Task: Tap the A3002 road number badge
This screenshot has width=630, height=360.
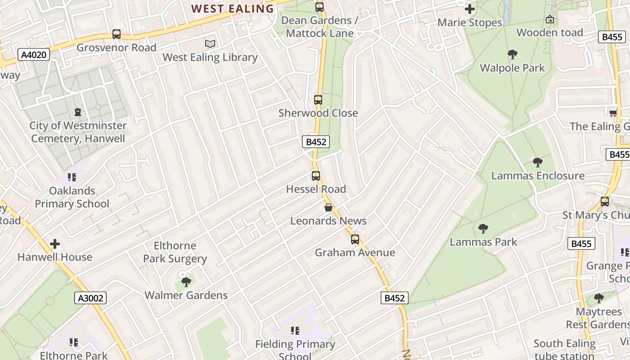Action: (x=90, y=298)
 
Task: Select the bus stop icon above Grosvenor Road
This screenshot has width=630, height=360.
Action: (x=117, y=34)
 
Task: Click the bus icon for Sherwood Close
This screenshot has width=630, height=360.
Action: (x=318, y=100)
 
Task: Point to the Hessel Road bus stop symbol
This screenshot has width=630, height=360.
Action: (x=316, y=176)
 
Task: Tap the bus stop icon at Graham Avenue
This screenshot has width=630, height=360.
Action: (x=355, y=239)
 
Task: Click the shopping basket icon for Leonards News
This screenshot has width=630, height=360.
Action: (x=328, y=207)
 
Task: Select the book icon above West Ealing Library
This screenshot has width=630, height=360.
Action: (x=210, y=44)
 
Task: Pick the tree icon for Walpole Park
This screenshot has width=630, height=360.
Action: (x=512, y=55)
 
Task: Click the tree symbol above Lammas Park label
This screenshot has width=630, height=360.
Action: (x=483, y=229)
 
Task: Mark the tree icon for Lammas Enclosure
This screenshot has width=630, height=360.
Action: (x=537, y=162)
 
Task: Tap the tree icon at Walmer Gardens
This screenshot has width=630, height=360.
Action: (x=186, y=282)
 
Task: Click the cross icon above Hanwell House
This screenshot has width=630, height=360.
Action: (x=55, y=244)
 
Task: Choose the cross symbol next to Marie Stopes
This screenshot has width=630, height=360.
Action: (x=470, y=9)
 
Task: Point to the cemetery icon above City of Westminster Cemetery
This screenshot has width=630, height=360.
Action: (x=78, y=112)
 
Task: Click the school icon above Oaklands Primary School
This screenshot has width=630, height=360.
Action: (x=72, y=177)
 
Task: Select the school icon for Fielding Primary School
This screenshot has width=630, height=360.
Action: (x=295, y=331)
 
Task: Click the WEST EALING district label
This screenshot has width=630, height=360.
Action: (x=233, y=9)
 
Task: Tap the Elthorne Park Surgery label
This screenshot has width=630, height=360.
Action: (x=175, y=252)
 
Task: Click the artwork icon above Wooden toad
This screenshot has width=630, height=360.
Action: (x=549, y=19)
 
